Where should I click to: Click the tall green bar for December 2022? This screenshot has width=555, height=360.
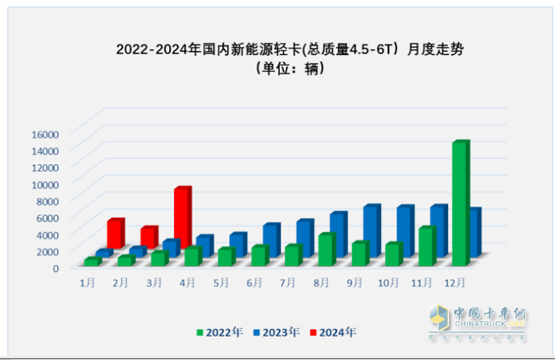pyautogui.click(x=460, y=204)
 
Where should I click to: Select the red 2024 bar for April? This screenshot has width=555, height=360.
pyautogui.click(x=182, y=217)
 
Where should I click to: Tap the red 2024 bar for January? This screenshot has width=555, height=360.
pyautogui.click(x=115, y=234)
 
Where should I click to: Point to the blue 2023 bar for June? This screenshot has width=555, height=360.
pyautogui.click(x=271, y=239)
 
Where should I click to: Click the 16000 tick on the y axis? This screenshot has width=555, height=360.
pyautogui.click(x=45, y=133)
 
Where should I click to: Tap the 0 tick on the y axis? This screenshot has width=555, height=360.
pyautogui.click(x=56, y=268)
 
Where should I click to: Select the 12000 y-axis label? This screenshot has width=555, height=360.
pyautogui.click(x=45, y=167)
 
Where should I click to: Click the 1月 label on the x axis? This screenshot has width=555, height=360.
pyautogui.click(x=87, y=282)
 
